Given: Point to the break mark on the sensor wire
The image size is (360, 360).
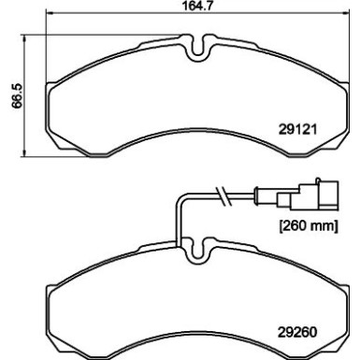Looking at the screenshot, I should click(x=223, y=196).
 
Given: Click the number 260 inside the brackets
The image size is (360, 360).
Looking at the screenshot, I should click(x=293, y=225).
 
